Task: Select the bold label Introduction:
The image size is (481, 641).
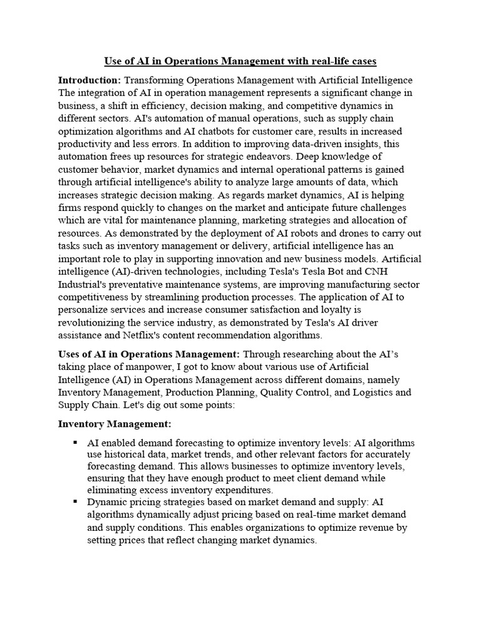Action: point(90,80)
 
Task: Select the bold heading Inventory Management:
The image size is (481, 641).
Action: point(110,424)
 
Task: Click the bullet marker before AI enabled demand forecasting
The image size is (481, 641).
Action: point(75,443)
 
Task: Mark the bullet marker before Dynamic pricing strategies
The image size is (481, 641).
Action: point(75,501)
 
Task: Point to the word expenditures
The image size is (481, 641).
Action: point(241,490)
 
